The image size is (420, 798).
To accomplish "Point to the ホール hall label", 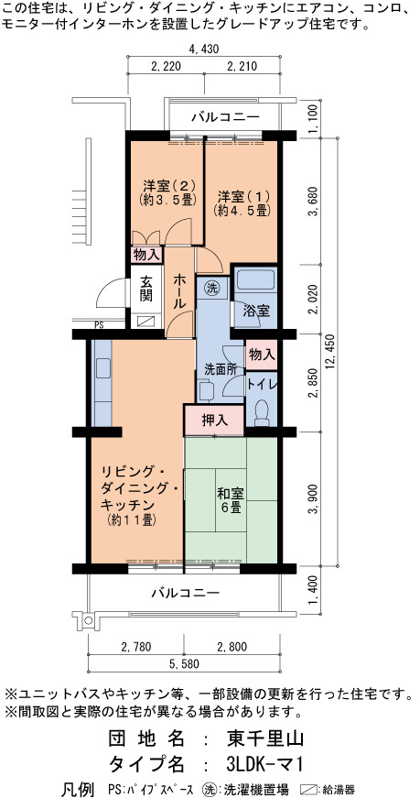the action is pos(180,291).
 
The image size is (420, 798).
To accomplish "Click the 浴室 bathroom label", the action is pos(256,311).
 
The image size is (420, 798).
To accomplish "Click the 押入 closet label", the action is pos(214,421).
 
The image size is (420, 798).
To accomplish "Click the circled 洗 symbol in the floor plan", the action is pos(211,288).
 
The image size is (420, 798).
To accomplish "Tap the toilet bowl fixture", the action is pos(263,411).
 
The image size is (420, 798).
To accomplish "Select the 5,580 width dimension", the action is pos(183,663).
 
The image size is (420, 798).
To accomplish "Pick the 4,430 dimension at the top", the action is pos(203,49).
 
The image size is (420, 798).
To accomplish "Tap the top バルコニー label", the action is pos(226,117).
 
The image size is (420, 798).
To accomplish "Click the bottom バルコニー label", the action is pos(185,593).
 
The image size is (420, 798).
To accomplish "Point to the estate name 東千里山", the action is pos(265,738).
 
